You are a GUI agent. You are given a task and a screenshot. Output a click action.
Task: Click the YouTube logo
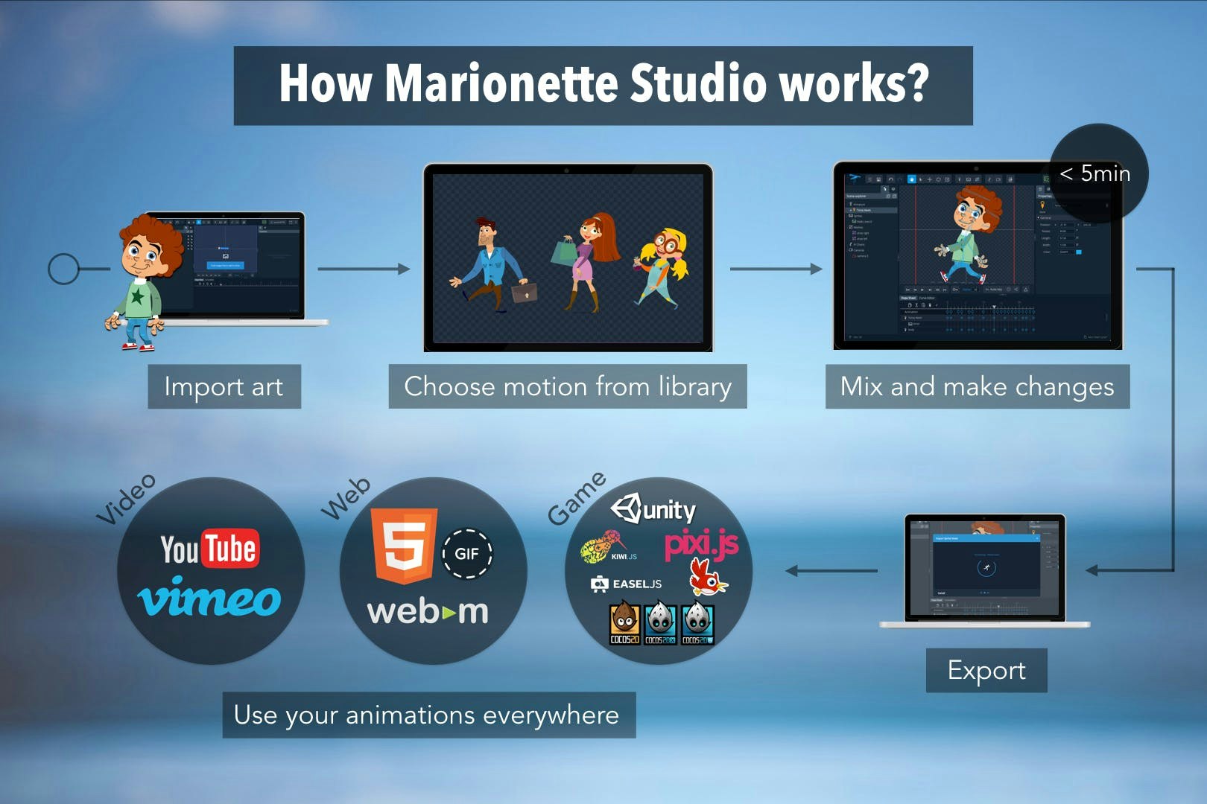click(x=209, y=549)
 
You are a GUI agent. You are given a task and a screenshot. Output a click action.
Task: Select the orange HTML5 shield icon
click(x=405, y=545)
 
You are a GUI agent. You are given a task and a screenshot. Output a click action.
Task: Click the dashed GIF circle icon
click(x=466, y=554)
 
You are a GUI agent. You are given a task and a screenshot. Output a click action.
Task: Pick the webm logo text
click(x=428, y=612)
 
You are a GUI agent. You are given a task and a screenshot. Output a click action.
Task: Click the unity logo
click(x=653, y=509)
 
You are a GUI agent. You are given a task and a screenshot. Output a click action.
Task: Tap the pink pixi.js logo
click(x=701, y=543)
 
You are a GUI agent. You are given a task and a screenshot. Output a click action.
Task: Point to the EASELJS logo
click(x=627, y=584)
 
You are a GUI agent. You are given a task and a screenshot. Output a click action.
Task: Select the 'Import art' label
click(x=224, y=386)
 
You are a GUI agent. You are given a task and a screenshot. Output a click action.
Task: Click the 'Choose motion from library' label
click(x=567, y=386)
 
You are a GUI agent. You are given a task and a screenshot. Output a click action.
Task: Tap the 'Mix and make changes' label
click(x=977, y=386)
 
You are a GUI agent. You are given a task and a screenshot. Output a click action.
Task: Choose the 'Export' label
click(x=986, y=670)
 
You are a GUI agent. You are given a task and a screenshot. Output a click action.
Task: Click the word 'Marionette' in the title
click(x=501, y=83)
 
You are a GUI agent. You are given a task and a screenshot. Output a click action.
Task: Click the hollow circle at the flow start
click(x=63, y=269)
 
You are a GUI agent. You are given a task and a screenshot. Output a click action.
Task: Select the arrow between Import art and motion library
click(x=364, y=269)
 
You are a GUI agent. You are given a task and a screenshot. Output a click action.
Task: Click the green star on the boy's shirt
click(x=137, y=296)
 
